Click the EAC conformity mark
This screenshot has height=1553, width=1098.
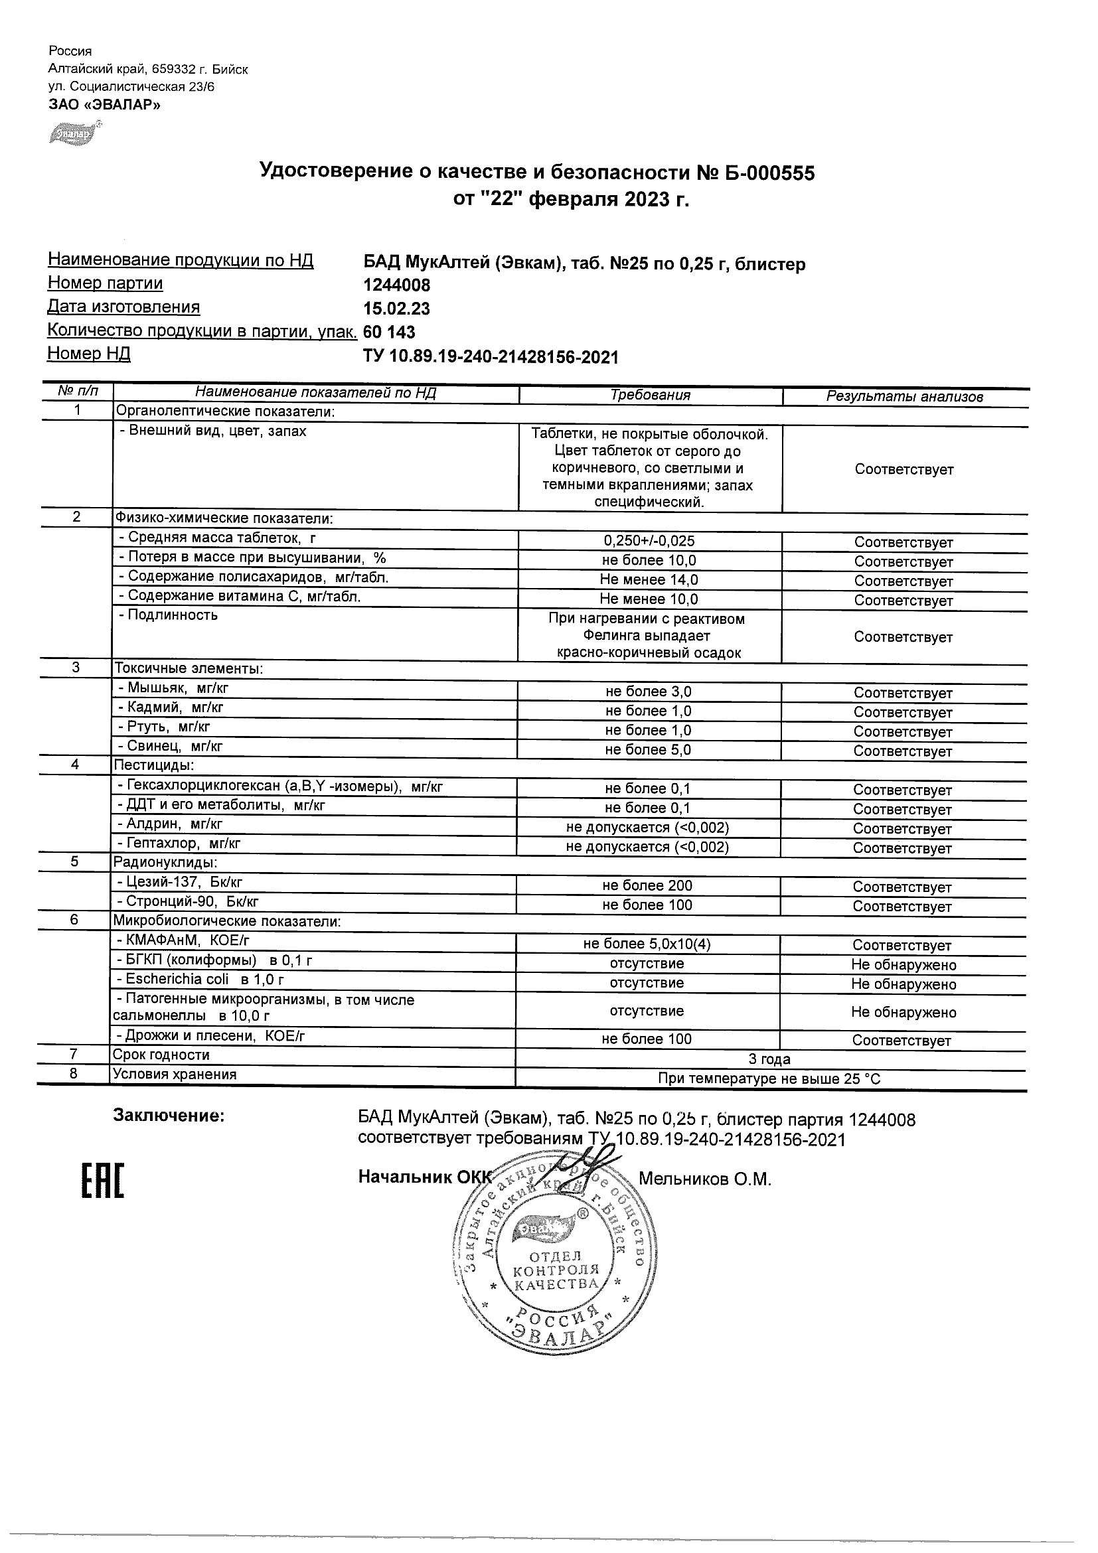pos(103,1181)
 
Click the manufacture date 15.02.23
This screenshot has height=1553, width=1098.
pos(396,309)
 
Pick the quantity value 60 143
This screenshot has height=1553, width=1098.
pos(389,332)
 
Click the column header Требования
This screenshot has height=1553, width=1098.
pos(650,396)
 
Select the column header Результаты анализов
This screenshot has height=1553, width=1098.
pos(905,397)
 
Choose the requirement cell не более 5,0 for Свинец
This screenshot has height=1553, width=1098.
pos(648,749)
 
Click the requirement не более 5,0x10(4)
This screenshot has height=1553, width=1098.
pos(647,944)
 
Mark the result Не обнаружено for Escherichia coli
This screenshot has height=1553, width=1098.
pos(903,984)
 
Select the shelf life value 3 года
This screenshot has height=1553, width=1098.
pos(770,1059)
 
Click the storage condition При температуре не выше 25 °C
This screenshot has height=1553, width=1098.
pos(769,1079)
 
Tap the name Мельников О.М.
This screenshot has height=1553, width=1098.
pos(704,1179)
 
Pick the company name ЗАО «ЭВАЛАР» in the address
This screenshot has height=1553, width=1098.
pos(104,104)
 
